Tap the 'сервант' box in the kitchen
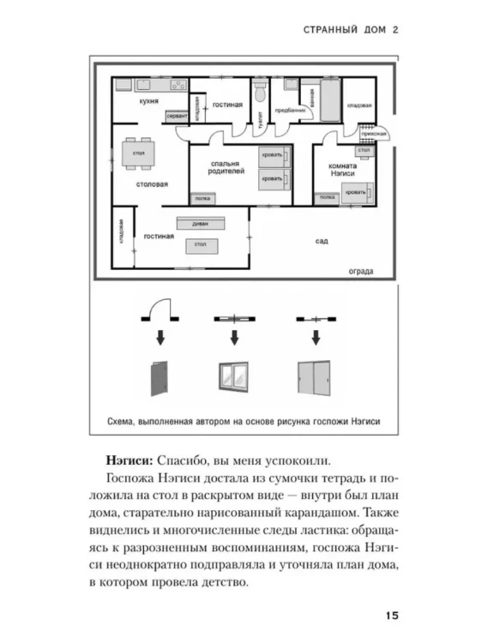(x=176, y=114)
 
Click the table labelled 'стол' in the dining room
(x=137, y=153)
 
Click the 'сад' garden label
(x=321, y=242)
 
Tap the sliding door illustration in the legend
(x=310, y=378)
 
